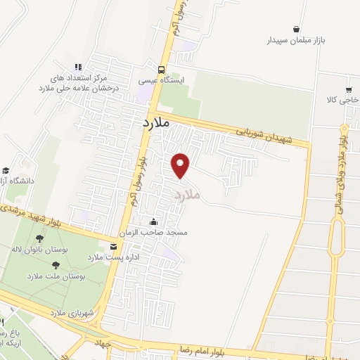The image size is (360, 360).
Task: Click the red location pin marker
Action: click(181, 165)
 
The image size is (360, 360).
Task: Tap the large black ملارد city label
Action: click(151, 122)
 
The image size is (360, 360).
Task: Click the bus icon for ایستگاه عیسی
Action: click(162, 69)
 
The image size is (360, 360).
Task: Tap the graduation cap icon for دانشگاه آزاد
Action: click(6, 171)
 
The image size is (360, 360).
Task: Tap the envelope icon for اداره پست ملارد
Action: click(113, 246)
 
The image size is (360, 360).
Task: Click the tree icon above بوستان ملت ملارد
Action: click(56, 265)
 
